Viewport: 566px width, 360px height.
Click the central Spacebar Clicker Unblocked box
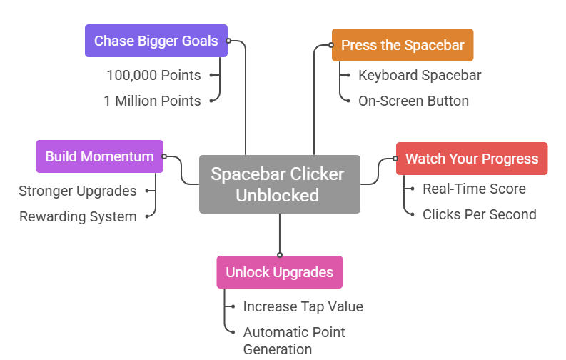click(x=279, y=184)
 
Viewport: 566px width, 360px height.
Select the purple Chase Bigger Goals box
click(x=156, y=41)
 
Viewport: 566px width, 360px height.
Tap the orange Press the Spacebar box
click(x=402, y=45)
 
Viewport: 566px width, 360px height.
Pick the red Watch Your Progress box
click(x=472, y=159)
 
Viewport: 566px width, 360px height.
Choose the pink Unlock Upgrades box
click(x=279, y=272)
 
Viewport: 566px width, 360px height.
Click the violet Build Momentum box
click(x=99, y=156)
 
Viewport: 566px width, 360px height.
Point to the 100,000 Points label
click(x=153, y=75)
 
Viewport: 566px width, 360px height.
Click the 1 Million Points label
click(x=152, y=101)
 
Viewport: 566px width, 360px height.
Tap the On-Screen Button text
click(x=413, y=101)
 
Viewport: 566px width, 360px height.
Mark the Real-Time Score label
click(x=474, y=189)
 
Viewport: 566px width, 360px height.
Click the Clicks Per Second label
click(x=479, y=214)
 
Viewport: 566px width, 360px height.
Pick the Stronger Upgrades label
click(x=77, y=191)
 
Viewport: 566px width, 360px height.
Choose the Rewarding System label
click(x=77, y=216)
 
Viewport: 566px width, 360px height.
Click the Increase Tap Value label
click(x=303, y=306)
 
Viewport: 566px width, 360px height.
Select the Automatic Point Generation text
click(x=293, y=341)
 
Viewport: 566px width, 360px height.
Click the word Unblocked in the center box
click(x=278, y=195)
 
